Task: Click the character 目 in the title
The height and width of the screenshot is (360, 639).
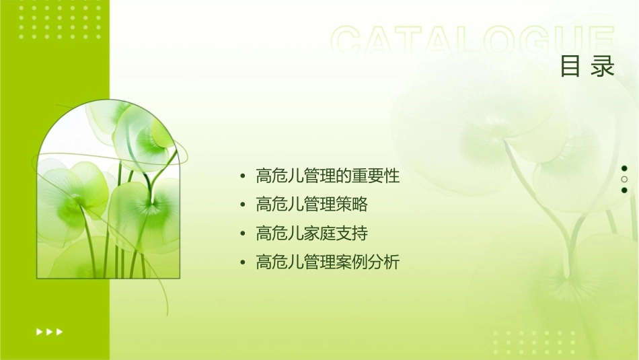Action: [570, 67]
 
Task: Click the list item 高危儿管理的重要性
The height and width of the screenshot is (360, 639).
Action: [328, 176]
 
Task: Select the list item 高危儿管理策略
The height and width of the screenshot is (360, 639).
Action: [311, 205]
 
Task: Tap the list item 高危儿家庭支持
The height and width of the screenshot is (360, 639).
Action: [311, 233]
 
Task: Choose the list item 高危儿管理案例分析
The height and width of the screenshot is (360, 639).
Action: [328, 262]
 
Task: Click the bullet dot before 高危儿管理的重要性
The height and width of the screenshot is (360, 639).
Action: [242, 177]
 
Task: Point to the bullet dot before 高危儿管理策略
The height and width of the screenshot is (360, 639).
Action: [242, 205]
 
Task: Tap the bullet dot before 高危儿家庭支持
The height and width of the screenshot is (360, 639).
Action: [242, 234]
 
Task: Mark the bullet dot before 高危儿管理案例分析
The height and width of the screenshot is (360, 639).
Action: [242, 263]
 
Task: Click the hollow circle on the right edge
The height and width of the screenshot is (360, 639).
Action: [624, 180]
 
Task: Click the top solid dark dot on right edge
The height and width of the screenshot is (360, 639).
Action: [624, 168]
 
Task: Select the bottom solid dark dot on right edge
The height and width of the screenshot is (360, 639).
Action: [624, 190]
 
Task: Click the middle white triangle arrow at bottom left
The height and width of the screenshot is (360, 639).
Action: [49, 331]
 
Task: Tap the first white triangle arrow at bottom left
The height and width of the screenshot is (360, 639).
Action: [39, 331]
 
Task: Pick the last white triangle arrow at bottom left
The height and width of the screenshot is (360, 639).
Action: [60, 331]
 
